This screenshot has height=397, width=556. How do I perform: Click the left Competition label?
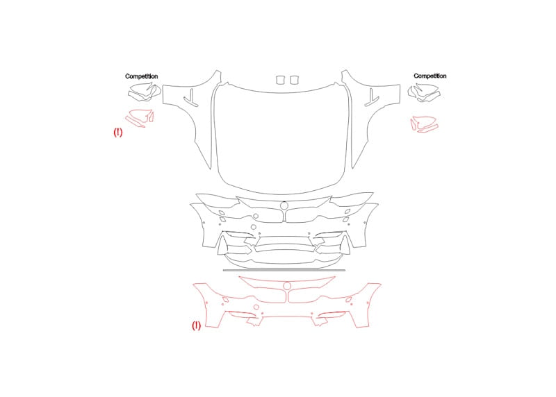tap(142, 76)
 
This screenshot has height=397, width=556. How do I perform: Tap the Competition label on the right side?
tap(430, 76)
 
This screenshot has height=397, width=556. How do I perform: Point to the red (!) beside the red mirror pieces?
tap(118, 133)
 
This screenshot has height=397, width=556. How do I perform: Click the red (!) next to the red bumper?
tap(196, 326)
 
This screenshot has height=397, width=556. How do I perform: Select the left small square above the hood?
tap(281, 80)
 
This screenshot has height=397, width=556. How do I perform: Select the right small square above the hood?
tap(294, 80)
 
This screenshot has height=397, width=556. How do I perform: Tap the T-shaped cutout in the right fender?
tap(372, 97)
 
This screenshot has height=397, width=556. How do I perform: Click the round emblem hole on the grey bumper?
tap(284, 205)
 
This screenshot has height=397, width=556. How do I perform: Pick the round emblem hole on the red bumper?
tap(287, 286)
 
